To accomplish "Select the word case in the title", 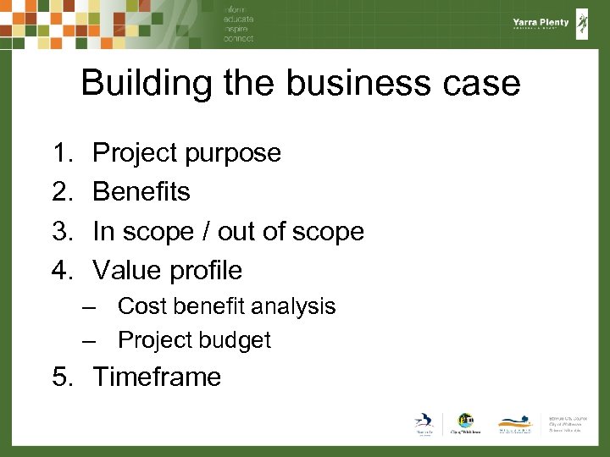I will (x=485, y=83).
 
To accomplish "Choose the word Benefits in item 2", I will (x=141, y=192).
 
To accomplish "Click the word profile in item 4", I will (x=206, y=271).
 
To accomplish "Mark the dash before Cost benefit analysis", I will (x=89, y=306).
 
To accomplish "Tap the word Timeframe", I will (x=157, y=377).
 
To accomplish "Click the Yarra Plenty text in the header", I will (x=541, y=24).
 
